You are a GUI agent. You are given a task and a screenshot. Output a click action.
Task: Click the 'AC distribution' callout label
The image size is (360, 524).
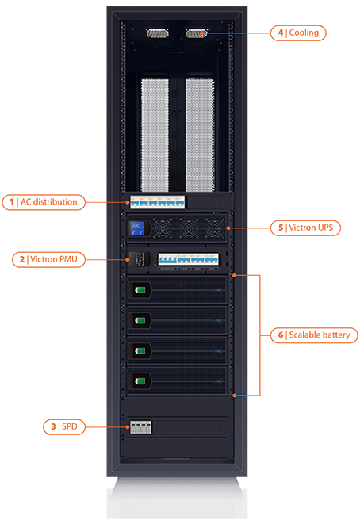pyautogui.click(x=44, y=202)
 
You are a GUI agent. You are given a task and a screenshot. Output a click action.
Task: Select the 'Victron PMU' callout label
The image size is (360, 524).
pyautogui.click(x=48, y=260)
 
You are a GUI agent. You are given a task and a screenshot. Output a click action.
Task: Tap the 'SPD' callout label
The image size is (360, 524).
pyautogui.click(x=64, y=426)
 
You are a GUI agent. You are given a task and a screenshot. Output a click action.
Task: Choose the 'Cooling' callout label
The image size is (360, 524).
pyautogui.click(x=298, y=33)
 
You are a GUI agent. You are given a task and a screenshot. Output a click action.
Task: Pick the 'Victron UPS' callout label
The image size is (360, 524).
pyautogui.click(x=305, y=228)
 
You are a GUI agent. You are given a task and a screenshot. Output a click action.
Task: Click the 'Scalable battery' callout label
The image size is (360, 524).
pyautogui.click(x=314, y=335)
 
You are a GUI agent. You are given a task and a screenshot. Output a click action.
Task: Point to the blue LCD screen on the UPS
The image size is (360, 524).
pyautogui.click(x=137, y=228)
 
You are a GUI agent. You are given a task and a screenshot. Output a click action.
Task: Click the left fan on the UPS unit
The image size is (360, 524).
pyautogui.click(x=163, y=228)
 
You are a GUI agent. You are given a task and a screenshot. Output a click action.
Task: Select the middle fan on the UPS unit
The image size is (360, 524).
pyautogui.click(x=189, y=228)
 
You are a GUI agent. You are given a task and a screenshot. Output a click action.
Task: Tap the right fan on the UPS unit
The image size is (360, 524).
pyautogui.click(x=215, y=228)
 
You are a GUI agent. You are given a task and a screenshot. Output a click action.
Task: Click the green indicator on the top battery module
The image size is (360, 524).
pyautogui.click(x=140, y=289)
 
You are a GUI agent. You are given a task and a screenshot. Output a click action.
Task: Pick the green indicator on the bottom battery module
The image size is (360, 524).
pyautogui.click(x=140, y=381)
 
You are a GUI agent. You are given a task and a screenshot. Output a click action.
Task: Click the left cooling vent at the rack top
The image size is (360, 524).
pyautogui.click(x=157, y=33)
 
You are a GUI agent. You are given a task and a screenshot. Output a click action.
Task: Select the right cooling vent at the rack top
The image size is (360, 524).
pyautogui.click(x=196, y=33)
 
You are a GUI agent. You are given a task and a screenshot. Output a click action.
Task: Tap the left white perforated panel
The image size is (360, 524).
pyautogui.click(x=155, y=135)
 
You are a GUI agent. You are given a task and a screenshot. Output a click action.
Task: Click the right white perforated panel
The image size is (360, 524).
pyautogui.click(x=200, y=135)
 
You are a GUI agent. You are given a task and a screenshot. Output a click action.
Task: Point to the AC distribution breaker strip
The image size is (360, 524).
pyautogui.click(x=157, y=202)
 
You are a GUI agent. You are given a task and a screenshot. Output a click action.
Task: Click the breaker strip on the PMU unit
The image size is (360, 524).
pyautogui.click(x=189, y=259)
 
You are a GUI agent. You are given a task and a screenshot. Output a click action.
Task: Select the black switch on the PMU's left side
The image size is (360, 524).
pyautogui.click(x=140, y=259)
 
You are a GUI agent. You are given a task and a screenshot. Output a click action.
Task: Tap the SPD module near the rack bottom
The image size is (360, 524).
pyautogui.click(x=140, y=427)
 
